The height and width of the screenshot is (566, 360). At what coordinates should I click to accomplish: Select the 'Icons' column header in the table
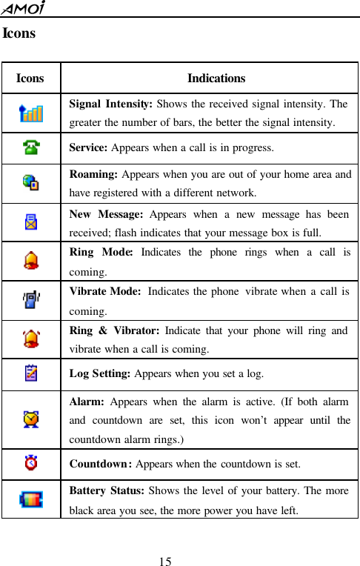pyautogui.click(x=30, y=78)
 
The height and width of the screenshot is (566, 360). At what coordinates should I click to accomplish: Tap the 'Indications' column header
pyautogui.click(x=216, y=78)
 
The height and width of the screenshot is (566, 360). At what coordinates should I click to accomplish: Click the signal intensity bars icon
pyautogui.click(x=31, y=113)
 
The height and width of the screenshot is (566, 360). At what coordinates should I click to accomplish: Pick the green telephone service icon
pyautogui.click(x=30, y=147)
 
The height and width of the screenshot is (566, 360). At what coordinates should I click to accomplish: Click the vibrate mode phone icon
pyautogui.click(x=31, y=300)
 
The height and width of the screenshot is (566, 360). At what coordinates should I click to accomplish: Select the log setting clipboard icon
pyautogui.click(x=30, y=374)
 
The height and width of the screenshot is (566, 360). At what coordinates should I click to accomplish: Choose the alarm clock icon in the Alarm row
pyautogui.click(x=31, y=419)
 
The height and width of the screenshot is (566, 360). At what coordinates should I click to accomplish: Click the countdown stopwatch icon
pyautogui.click(x=30, y=465)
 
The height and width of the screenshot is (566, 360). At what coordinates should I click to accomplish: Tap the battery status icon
pyautogui.click(x=31, y=499)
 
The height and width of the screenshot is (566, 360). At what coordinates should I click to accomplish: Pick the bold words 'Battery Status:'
pyautogui.click(x=107, y=492)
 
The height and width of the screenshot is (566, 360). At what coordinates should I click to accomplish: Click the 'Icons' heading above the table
pyautogui.click(x=19, y=33)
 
